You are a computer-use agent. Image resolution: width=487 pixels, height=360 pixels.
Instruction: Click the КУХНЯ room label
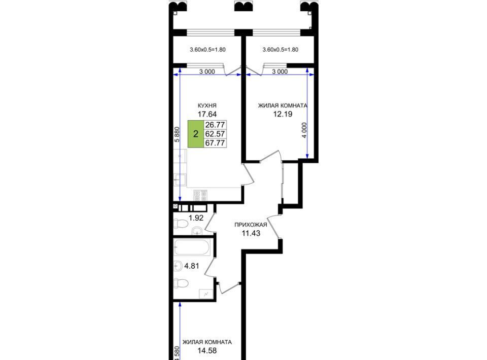[207, 105]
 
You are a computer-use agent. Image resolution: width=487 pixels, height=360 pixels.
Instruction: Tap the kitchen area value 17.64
[207, 114]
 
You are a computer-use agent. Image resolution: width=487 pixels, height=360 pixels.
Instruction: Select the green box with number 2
[196, 134]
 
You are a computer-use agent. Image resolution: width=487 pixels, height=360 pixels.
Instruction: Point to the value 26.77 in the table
[215, 125]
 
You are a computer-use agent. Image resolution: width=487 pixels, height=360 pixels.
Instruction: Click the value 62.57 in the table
[215, 134]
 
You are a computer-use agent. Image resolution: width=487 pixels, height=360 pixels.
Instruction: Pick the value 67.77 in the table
[215, 143]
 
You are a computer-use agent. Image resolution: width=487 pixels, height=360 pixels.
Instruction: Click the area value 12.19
[283, 114]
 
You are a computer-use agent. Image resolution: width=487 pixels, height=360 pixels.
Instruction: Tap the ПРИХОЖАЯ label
[251, 225]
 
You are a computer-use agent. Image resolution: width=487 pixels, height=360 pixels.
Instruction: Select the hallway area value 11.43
[251, 233]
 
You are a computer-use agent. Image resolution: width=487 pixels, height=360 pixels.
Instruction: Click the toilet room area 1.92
[196, 218]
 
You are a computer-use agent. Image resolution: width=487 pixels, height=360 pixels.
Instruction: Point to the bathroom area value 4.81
[192, 266]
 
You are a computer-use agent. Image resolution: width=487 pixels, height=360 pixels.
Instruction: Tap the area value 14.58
[207, 351]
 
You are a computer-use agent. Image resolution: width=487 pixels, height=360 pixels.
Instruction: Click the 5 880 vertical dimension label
[177, 134]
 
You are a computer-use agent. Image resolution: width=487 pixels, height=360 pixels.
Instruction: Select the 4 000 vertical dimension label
[304, 130]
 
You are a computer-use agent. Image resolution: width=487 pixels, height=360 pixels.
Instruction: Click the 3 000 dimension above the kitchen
[207, 71]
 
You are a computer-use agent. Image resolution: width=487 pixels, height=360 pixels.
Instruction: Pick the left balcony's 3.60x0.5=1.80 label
[207, 49]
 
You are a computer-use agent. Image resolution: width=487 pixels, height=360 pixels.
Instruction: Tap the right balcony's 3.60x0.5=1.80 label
[281, 49]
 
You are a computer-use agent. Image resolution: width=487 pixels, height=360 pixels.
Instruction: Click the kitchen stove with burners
[200, 195]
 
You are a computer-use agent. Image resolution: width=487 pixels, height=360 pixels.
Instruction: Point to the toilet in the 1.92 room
[181, 224]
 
